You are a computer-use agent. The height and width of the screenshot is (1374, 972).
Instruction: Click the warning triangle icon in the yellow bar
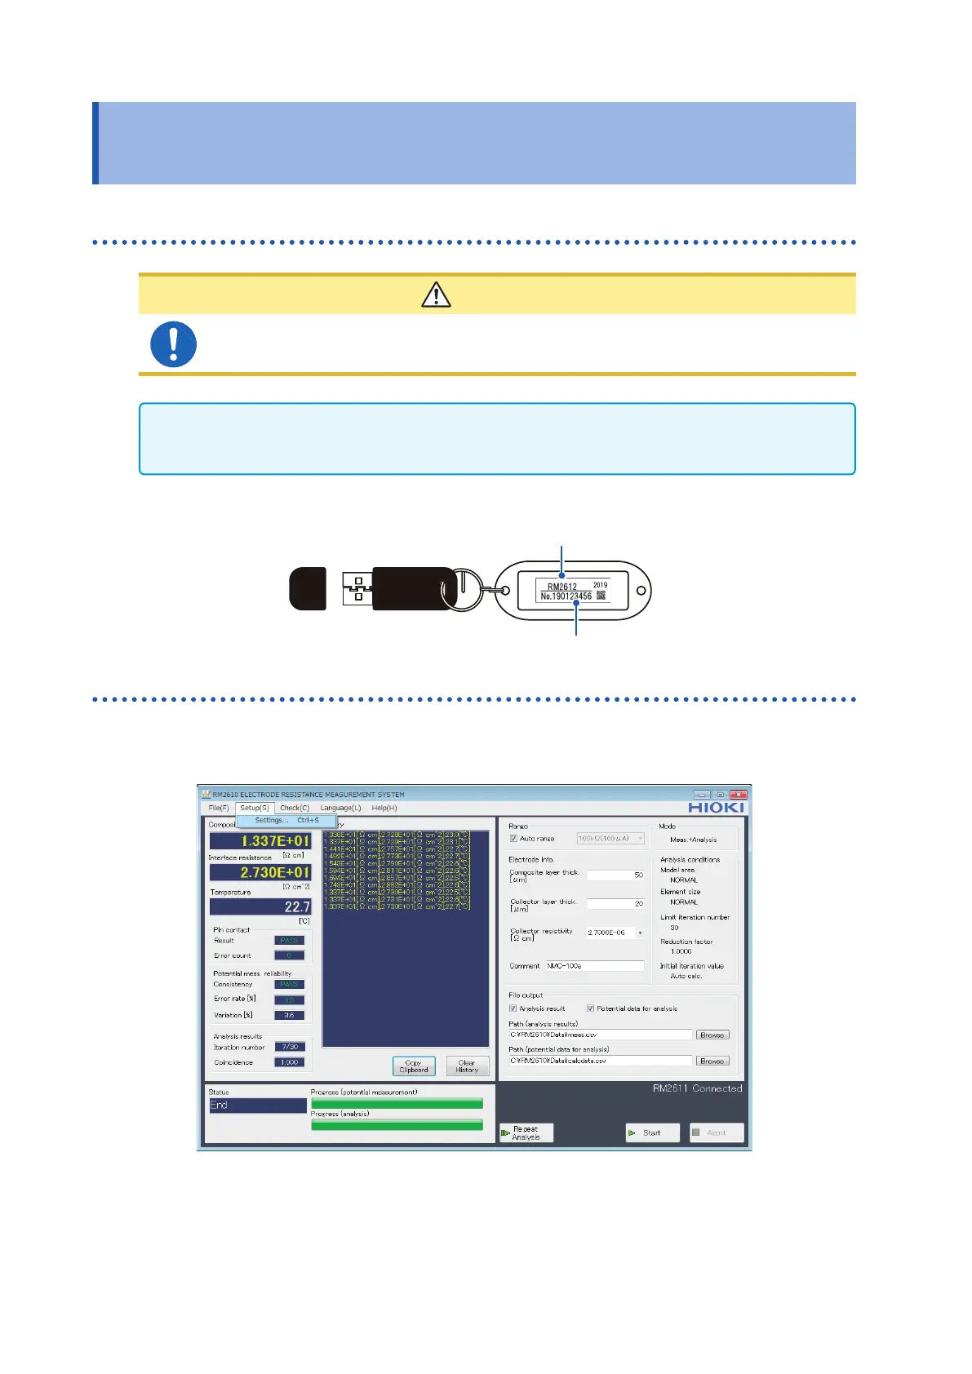[x=436, y=295]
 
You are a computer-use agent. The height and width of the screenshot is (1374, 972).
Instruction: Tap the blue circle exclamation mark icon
[x=173, y=344]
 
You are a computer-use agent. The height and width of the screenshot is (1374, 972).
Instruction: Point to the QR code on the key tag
[x=601, y=596]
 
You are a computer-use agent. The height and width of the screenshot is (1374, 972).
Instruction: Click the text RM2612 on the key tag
[x=561, y=586]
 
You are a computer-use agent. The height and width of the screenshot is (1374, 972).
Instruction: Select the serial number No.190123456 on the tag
[x=566, y=596]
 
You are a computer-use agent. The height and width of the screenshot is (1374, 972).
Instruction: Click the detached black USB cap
[x=308, y=588]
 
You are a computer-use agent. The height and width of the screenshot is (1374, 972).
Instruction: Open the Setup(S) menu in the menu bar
[x=255, y=808]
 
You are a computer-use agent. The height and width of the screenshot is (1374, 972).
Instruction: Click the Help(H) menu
[x=384, y=808]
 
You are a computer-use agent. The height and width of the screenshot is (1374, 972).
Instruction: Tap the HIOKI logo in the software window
[x=716, y=808]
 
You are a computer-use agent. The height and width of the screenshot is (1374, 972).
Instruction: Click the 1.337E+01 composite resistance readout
[x=260, y=840]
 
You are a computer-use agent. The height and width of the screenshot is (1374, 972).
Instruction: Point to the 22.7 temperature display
[x=260, y=906]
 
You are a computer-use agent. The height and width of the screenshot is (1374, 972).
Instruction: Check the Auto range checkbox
[x=513, y=839]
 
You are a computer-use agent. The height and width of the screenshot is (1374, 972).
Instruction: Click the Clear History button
[x=467, y=1066]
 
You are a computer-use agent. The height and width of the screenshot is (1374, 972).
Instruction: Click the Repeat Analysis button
[x=526, y=1132]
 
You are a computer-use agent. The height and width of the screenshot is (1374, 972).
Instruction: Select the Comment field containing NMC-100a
[x=595, y=966]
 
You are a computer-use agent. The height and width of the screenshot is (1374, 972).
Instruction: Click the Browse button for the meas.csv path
[x=712, y=1035]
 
